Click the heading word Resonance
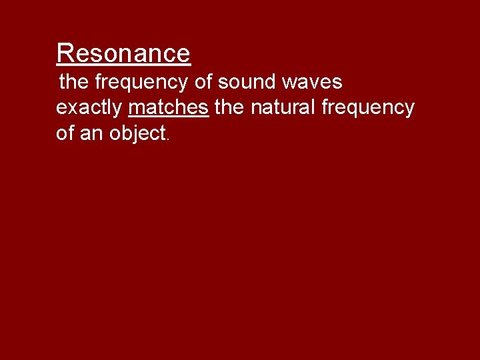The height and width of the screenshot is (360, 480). [x=123, y=53]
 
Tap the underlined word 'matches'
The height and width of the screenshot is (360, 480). [x=169, y=107]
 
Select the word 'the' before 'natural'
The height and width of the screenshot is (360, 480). [x=229, y=107]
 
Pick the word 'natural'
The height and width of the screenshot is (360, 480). [x=283, y=107]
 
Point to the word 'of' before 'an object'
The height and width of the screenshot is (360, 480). [x=65, y=133]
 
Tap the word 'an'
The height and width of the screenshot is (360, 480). [x=93, y=133]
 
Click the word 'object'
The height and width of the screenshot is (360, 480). [x=137, y=133]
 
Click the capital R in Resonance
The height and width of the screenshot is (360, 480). [x=65, y=53]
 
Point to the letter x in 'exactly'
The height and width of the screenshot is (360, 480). [x=73, y=108]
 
